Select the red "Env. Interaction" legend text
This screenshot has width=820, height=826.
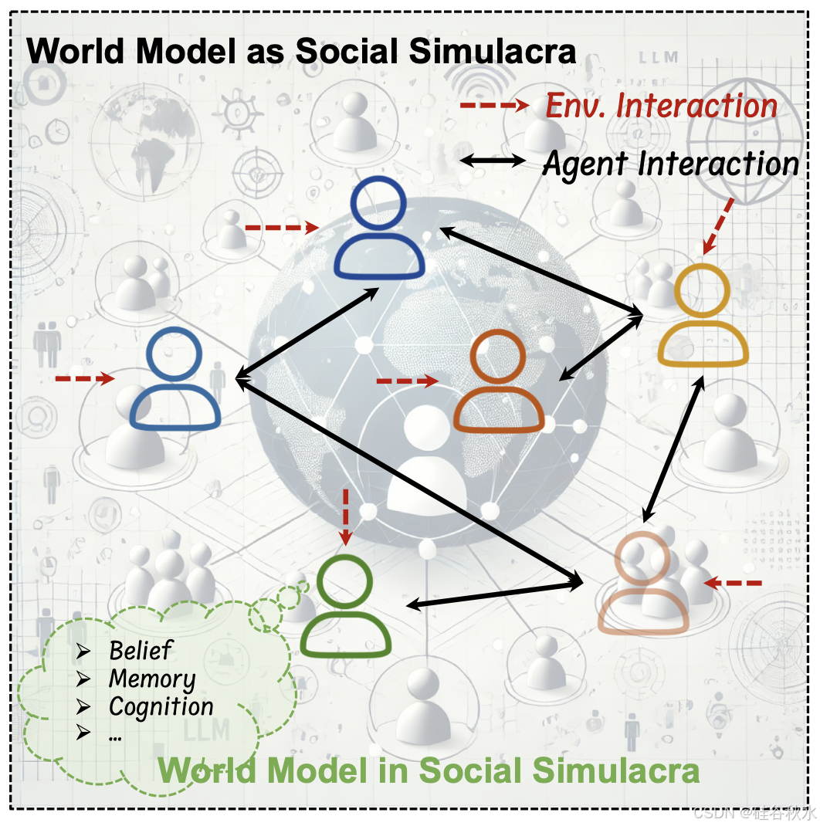[662, 106]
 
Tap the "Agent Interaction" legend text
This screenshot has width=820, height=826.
[670, 163]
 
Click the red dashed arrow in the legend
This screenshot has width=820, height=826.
[493, 105]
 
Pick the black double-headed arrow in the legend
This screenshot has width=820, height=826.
[493, 161]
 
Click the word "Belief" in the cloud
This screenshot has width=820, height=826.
[141, 651]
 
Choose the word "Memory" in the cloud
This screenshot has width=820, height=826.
[152, 679]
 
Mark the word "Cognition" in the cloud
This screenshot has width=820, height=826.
[161, 706]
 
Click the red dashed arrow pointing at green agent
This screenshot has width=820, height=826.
[345, 516]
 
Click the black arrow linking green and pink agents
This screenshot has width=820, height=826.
[494, 594]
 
